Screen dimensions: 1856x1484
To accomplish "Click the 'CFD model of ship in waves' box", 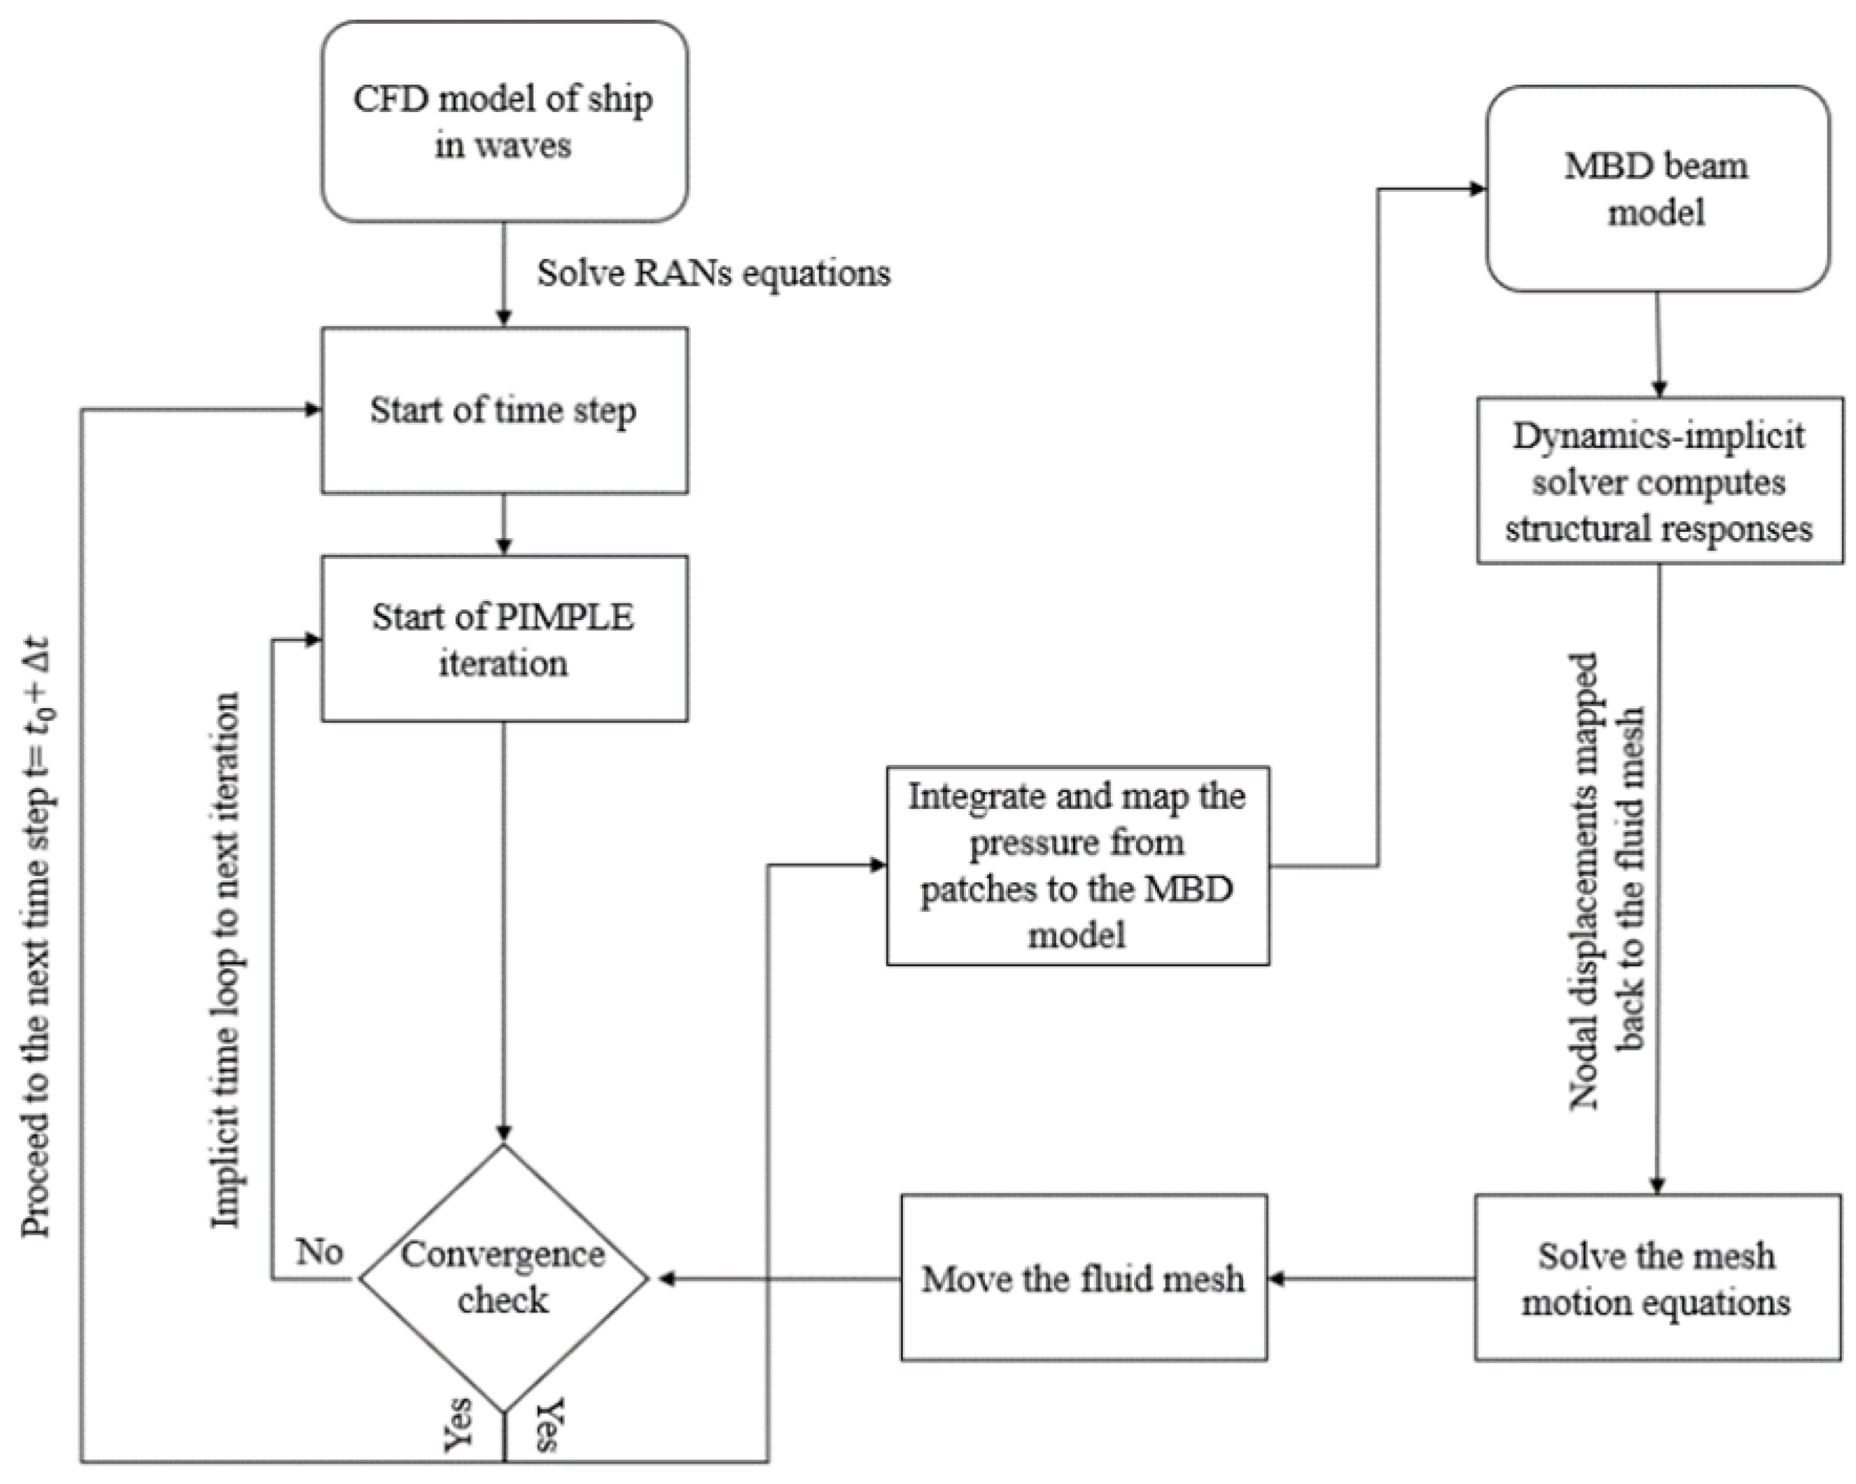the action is [x=504, y=121].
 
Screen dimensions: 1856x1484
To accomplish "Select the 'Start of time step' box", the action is [x=504, y=410].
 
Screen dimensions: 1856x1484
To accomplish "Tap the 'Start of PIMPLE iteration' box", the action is [x=504, y=638].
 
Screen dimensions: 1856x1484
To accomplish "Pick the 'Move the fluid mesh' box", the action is [x=1084, y=1277].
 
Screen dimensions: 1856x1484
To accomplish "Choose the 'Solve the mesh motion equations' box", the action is [x=1658, y=1277].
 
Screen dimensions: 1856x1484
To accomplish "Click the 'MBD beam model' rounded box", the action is [x=1658, y=188].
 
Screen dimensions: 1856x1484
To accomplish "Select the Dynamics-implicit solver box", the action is [x=1659, y=480].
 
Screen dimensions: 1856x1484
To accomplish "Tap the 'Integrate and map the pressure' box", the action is [x=1078, y=866].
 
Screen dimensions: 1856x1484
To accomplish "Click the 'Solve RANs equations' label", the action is [x=714, y=274].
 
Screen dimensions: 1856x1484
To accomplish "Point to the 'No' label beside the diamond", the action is [x=319, y=1252].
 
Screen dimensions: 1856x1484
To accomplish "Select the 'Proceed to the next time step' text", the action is [x=38, y=936].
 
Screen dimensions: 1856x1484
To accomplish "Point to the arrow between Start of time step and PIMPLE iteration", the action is [x=504, y=524].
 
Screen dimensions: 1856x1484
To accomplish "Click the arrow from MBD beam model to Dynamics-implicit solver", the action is [x=1659, y=344].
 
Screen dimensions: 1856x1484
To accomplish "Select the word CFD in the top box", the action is [x=389, y=99].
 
